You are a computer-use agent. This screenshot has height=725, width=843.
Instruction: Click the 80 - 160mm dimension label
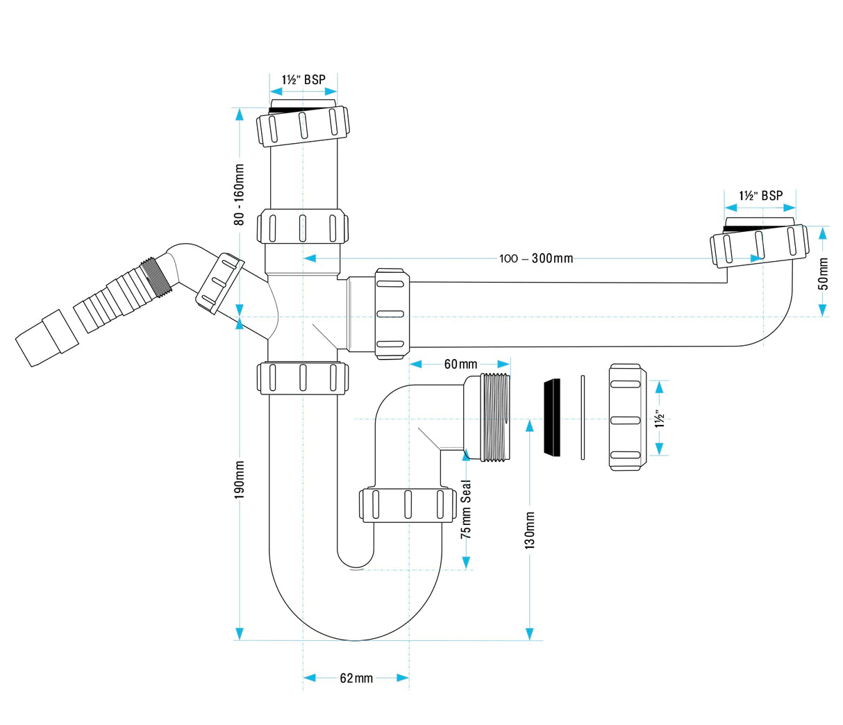pyautogui.click(x=239, y=194)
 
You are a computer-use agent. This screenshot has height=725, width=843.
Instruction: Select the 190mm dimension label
pyautogui.click(x=239, y=480)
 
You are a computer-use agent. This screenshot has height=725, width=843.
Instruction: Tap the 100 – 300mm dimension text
pyautogui.click(x=536, y=258)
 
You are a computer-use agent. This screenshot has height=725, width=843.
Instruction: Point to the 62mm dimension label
pyautogui.click(x=356, y=678)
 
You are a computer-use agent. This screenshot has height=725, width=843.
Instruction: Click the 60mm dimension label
pyautogui.click(x=460, y=365)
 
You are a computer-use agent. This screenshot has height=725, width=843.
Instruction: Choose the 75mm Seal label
pyautogui.click(x=466, y=509)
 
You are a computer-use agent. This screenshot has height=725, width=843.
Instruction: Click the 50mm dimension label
pyautogui.click(x=823, y=274)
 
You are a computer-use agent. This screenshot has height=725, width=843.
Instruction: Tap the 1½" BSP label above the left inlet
pyautogui.click(x=303, y=80)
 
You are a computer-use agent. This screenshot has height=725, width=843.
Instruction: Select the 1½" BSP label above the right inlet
pyautogui.click(x=760, y=196)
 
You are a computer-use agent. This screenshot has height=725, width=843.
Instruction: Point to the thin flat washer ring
pyautogui.click(x=582, y=417)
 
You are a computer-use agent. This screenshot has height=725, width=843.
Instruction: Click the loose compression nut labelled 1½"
pyautogui.click(x=627, y=418)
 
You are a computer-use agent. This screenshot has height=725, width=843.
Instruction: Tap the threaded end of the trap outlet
pyautogui.click(x=495, y=417)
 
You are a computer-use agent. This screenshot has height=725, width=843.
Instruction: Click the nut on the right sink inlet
pyautogui.click(x=759, y=246)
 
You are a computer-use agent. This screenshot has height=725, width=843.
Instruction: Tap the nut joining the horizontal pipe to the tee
pyautogui.click(x=392, y=313)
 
